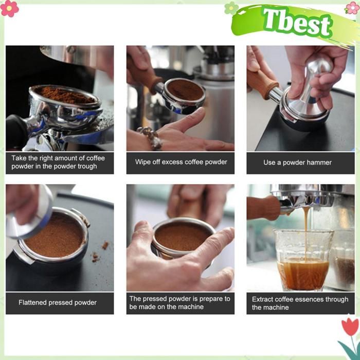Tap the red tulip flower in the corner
[350, 327]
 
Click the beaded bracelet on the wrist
[151, 138]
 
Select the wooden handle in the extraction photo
[263, 208]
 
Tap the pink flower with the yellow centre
[9, 8]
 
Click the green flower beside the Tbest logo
[231, 8]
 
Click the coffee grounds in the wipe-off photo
[186, 90]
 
